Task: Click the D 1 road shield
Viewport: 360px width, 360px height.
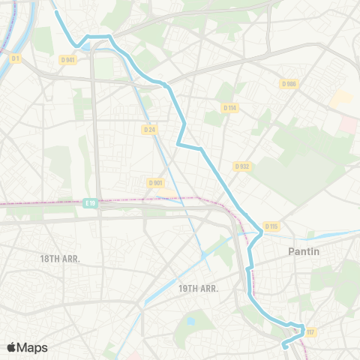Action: (x=15, y=58)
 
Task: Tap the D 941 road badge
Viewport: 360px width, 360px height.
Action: (x=70, y=60)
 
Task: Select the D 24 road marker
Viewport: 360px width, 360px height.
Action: (x=149, y=129)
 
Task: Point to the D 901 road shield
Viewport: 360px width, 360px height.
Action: (x=155, y=182)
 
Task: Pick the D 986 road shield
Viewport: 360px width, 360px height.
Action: (x=289, y=84)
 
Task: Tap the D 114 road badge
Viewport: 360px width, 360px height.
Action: (x=230, y=108)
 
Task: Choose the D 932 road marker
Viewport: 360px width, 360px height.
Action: (x=241, y=166)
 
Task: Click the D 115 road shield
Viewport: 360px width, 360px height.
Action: (x=271, y=226)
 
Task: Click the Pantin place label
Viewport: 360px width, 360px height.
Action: (x=304, y=252)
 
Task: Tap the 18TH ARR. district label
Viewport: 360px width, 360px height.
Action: (x=60, y=258)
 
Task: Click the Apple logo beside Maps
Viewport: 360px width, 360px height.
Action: (x=12, y=347)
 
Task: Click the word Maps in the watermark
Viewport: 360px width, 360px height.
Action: (x=32, y=347)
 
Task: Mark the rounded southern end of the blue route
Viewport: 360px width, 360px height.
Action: (x=284, y=345)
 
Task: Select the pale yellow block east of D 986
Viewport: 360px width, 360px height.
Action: (x=342, y=98)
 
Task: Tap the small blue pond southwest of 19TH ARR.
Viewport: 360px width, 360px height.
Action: (x=190, y=321)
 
